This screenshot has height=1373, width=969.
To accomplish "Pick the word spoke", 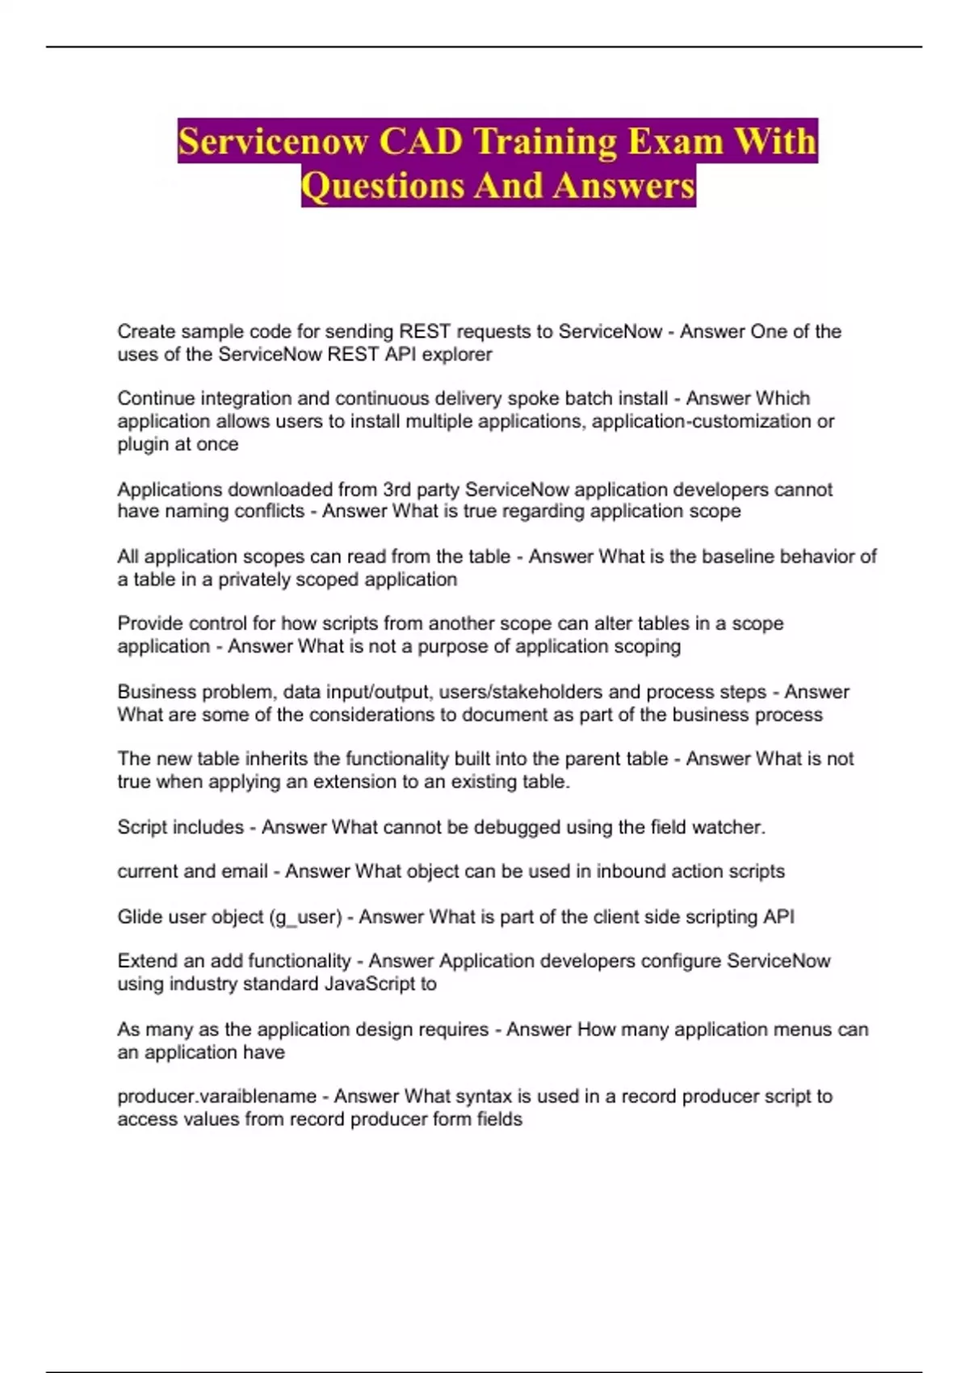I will pyautogui.click(x=531, y=398).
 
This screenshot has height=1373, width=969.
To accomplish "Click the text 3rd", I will pyautogui.click(x=396, y=489).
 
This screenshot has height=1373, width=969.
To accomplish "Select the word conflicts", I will pyautogui.click(x=266, y=511).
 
